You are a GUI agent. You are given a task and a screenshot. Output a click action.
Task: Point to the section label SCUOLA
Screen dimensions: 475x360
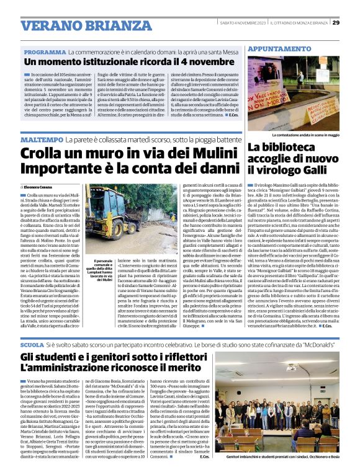pos(32,344)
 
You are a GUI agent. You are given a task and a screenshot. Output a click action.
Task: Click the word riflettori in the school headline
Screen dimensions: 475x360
pos(176,358)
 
